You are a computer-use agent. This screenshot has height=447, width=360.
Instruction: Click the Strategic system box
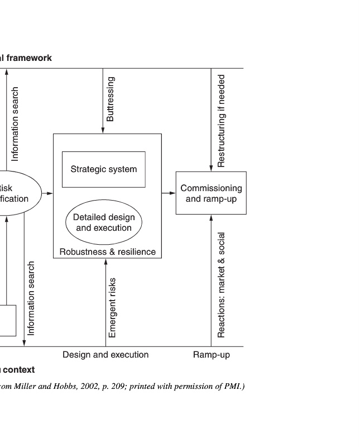point(103,169)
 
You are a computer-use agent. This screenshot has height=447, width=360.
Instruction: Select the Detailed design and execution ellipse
point(104,222)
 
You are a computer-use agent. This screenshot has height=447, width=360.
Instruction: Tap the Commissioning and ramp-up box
point(211,193)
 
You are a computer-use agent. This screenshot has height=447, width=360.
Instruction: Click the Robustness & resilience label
point(108,251)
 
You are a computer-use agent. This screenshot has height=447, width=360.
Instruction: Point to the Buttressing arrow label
point(111,99)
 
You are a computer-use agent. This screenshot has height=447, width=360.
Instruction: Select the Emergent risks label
point(112,307)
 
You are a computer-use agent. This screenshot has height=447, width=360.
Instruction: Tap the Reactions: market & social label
point(222,285)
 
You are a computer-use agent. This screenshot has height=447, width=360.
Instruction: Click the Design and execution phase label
point(105,354)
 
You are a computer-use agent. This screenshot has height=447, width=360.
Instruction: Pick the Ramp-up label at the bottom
point(212,354)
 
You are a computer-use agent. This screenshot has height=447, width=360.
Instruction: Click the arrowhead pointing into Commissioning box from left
point(172,193)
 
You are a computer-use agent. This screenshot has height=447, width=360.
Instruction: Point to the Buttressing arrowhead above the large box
point(103,131)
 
